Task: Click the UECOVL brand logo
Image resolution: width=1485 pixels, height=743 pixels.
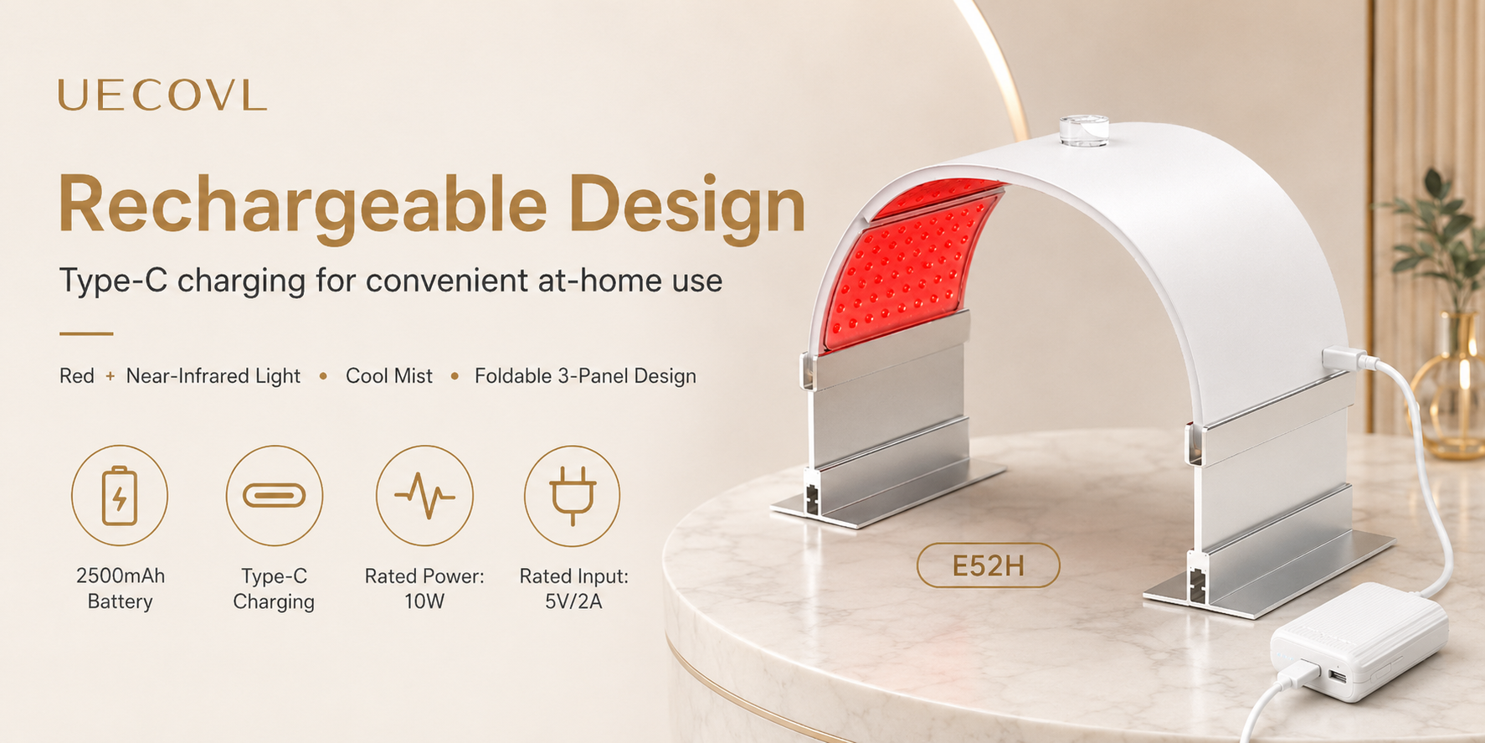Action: (162, 95)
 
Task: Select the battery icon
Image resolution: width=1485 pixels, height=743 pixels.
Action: (120, 495)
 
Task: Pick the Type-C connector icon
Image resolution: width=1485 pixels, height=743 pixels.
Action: (274, 495)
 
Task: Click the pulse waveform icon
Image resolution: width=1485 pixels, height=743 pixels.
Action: (424, 495)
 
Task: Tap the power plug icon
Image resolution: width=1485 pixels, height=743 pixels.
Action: (573, 495)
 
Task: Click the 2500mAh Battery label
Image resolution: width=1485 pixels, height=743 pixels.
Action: (121, 589)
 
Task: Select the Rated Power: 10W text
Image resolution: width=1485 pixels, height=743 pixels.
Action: (424, 589)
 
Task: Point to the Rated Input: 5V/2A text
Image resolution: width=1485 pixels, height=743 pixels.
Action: (573, 589)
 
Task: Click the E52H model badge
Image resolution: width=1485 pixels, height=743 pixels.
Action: (989, 566)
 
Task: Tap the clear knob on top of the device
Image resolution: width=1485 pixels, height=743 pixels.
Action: (1084, 132)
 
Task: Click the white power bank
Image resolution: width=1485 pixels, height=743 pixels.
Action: (1359, 641)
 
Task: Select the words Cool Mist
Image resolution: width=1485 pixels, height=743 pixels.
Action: (389, 376)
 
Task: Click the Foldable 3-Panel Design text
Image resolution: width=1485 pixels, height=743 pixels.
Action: (585, 376)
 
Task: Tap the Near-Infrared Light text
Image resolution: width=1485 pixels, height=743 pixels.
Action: (213, 376)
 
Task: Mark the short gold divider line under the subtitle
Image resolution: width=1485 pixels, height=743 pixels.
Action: (86, 333)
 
